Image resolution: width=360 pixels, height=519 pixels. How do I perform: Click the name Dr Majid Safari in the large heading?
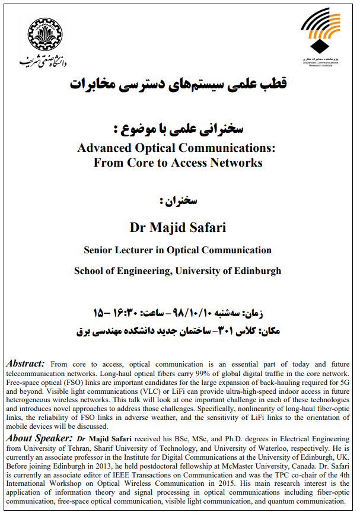[177, 227]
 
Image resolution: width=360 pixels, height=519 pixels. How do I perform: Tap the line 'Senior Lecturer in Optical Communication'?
[178, 250]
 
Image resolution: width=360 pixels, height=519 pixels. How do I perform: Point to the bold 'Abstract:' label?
[25, 363]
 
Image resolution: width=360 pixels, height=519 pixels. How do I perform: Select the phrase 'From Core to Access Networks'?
[177, 162]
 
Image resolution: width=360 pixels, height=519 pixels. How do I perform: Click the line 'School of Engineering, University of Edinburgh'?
[177, 271]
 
